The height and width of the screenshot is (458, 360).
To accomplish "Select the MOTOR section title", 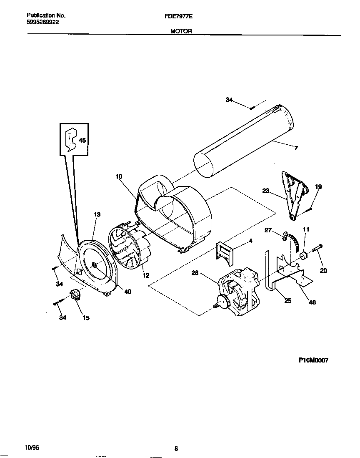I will click(x=181, y=31).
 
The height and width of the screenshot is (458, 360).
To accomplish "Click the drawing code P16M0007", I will click(x=313, y=361).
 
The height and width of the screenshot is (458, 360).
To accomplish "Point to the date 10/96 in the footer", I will click(x=32, y=447).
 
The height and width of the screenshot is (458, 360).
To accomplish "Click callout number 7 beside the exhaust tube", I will click(x=296, y=148).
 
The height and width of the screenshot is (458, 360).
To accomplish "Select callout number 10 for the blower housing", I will click(x=119, y=176).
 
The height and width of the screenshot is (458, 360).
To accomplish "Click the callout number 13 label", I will click(x=97, y=214).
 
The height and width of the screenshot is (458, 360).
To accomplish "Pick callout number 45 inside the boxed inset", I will click(x=82, y=141).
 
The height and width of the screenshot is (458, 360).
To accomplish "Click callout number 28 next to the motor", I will click(x=195, y=273).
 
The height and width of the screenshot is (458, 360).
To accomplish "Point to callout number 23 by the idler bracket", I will click(x=266, y=191).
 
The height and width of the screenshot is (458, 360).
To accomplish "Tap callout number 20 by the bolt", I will click(x=323, y=270).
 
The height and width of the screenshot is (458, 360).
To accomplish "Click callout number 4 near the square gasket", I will click(x=250, y=241).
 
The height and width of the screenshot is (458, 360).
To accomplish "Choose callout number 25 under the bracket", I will click(x=287, y=300).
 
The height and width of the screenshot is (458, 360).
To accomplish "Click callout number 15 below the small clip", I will click(x=86, y=318).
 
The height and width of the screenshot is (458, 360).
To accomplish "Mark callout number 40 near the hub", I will click(x=127, y=292).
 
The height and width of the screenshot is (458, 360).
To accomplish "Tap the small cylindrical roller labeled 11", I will click(x=303, y=256).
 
